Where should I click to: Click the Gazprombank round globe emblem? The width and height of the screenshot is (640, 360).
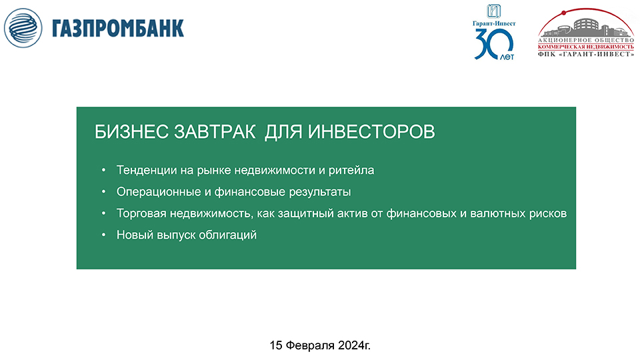(x=23, y=28)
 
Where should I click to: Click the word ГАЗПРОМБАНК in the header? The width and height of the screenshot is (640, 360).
(x=118, y=29)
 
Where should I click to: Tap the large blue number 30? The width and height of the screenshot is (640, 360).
(x=493, y=44)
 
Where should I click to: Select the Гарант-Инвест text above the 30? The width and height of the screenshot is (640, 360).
(x=494, y=23)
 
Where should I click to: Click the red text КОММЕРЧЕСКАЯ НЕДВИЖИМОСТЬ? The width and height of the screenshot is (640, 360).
(x=586, y=47)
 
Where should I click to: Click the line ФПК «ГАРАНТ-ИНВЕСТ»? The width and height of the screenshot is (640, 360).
(x=586, y=54)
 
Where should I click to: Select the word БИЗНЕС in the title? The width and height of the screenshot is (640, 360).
(x=131, y=132)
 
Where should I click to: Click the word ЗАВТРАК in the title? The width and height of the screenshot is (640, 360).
(x=215, y=132)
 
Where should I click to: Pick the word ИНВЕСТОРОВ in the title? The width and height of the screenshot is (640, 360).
(x=371, y=132)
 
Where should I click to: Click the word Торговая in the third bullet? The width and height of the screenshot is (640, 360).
(x=141, y=213)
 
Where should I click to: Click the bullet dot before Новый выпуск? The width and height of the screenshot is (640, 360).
(x=104, y=235)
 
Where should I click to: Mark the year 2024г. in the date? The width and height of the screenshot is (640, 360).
(x=354, y=345)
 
